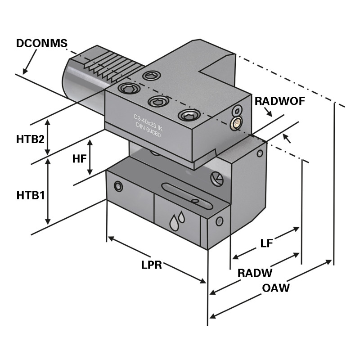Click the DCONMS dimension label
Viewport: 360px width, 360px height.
coord(41,44)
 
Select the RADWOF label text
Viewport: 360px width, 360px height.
coord(279,101)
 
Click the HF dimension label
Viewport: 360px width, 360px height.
coord(79,158)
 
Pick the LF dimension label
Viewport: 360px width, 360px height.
coord(267,243)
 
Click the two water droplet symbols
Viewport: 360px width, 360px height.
coord(177,220)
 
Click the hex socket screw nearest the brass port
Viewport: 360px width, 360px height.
coord(189,116)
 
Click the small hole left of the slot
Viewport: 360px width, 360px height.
coord(118,186)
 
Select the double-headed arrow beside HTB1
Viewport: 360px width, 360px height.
coord(48,192)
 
